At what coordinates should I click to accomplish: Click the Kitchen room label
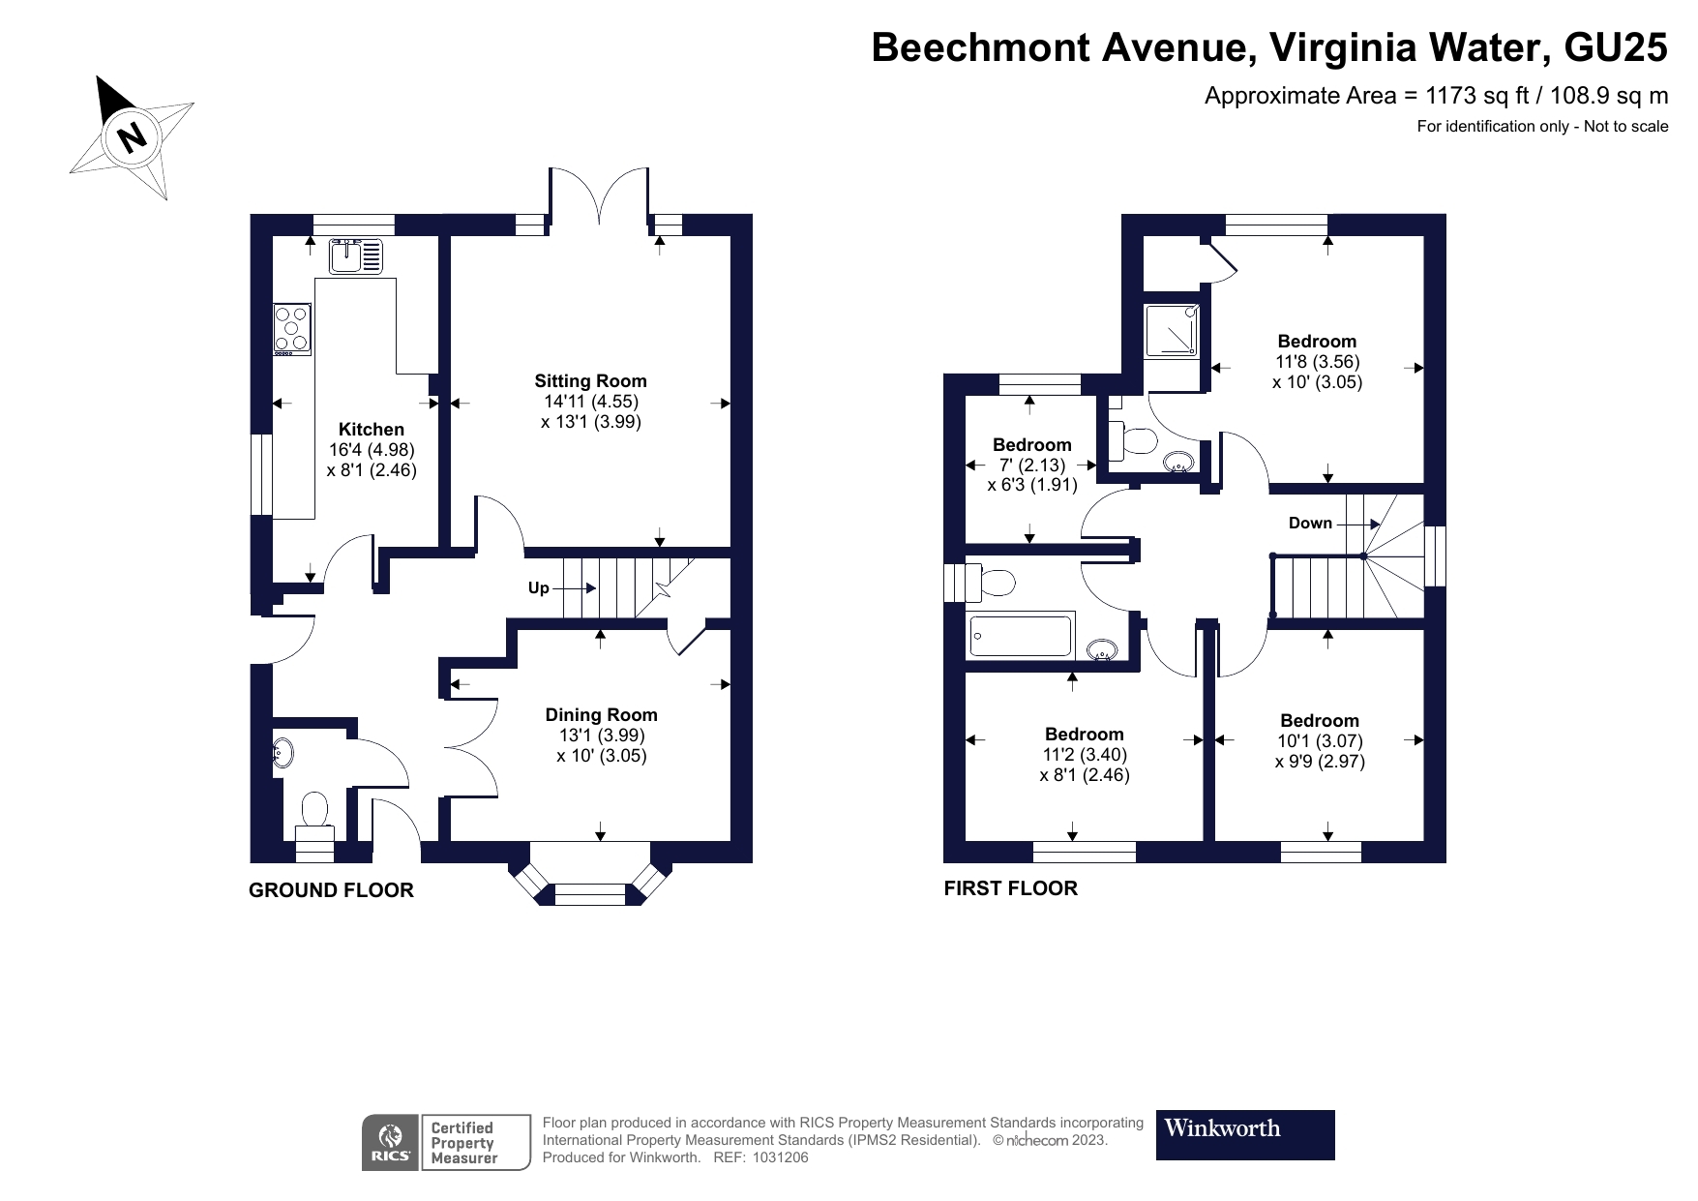(x=372, y=430)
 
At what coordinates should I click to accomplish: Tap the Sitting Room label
(x=590, y=381)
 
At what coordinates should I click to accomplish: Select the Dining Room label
(x=601, y=715)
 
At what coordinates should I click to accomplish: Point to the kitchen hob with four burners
(x=292, y=330)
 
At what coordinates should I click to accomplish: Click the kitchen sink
(x=356, y=256)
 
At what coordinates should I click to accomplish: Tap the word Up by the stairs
(x=539, y=588)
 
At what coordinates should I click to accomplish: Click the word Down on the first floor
(x=1310, y=524)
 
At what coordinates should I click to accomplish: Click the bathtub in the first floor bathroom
(x=1021, y=636)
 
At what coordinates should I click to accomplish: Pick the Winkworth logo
(x=1245, y=1134)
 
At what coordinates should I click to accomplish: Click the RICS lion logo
(x=391, y=1142)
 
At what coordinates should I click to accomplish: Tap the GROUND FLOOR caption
(x=331, y=890)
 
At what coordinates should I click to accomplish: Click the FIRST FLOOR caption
(x=1010, y=888)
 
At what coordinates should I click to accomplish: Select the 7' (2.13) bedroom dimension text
(x=1031, y=465)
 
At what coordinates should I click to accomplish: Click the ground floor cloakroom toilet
(x=314, y=814)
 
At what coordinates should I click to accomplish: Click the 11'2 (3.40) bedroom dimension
(x=1084, y=755)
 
